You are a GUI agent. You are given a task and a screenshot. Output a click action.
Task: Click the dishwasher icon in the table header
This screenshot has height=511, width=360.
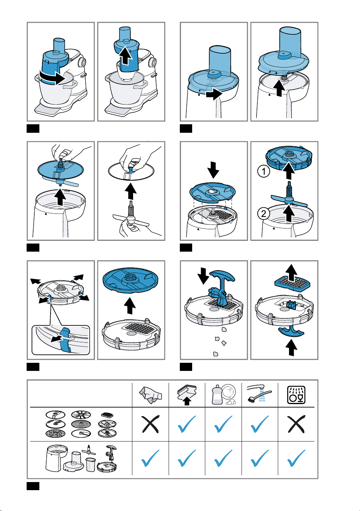[296, 395]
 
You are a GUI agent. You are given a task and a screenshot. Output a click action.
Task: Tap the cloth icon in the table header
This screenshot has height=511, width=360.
[150, 395]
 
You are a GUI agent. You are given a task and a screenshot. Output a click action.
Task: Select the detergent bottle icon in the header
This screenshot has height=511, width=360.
[223, 395]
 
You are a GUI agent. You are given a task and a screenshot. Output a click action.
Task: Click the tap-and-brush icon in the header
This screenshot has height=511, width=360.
[260, 394]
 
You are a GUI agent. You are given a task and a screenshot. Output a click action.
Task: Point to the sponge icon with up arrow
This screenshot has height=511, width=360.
[187, 395]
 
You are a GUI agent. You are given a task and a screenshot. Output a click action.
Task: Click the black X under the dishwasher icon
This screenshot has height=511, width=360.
[296, 424]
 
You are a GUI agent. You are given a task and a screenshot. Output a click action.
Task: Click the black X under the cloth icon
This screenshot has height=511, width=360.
[150, 424]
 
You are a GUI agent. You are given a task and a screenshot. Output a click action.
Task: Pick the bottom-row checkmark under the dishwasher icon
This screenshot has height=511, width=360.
[296, 458]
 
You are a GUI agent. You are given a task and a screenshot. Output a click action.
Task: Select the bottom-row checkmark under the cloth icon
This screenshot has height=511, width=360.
[150, 458]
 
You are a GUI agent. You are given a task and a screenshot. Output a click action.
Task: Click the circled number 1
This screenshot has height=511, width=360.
[264, 171]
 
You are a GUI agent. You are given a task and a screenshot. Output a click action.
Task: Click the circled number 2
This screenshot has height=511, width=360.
[264, 213]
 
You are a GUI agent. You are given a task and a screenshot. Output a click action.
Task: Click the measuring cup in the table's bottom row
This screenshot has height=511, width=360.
[91, 464]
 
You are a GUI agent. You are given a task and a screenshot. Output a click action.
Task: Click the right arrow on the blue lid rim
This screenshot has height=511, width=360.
[214, 94]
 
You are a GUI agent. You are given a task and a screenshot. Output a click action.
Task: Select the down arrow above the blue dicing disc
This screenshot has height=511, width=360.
[213, 170]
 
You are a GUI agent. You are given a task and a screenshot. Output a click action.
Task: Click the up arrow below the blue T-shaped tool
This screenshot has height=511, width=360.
[291, 348]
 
